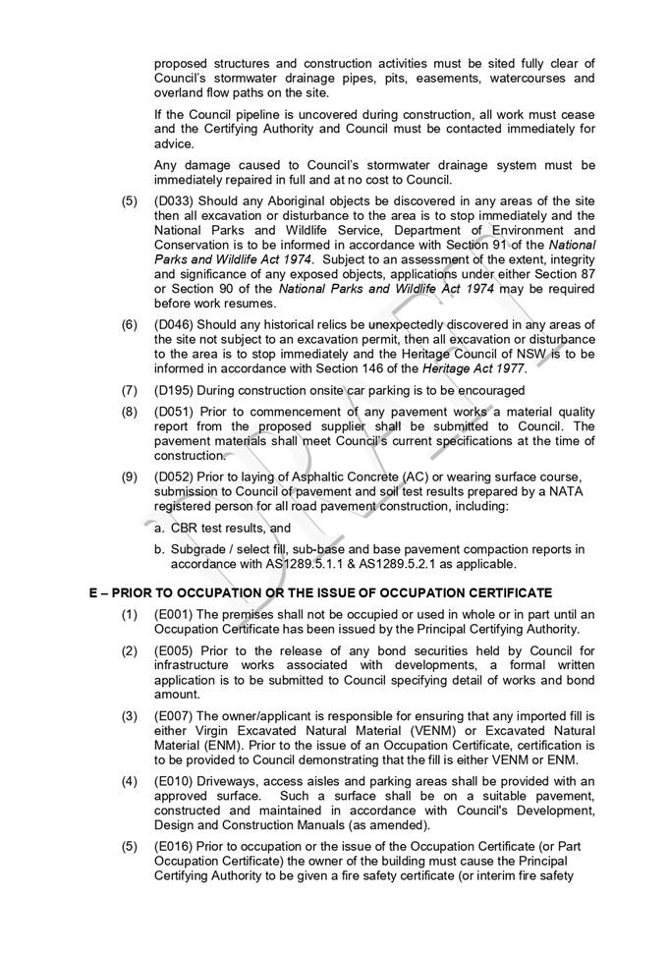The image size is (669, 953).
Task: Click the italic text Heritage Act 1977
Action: coord(477,368)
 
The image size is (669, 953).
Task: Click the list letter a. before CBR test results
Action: coord(160,529)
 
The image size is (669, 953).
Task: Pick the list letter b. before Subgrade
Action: coord(160,550)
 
